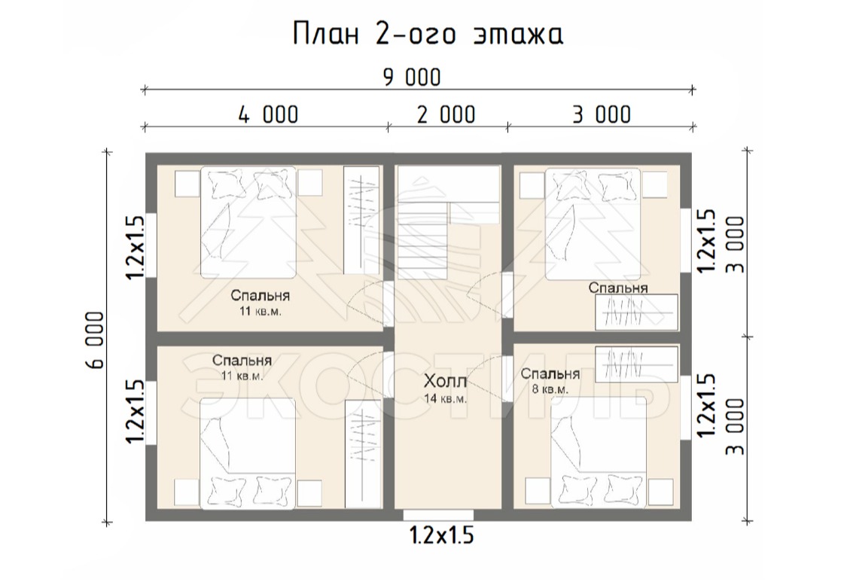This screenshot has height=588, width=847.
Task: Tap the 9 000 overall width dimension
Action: (x=412, y=78)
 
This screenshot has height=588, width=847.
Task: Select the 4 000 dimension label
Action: (x=269, y=114)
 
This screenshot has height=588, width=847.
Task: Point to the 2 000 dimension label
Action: (x=446, y=114)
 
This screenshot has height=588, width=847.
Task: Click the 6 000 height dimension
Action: (x=94, y=340)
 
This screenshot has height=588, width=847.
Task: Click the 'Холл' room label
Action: (x=445, y=381)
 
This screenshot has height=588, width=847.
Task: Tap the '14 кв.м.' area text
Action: (x=445, y=399)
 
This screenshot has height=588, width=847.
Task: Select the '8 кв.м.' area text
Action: (x=550, y=389)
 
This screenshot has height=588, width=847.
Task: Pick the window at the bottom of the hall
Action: (x=438, y=515)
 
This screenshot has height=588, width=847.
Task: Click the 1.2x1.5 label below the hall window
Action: (x=441, y=535)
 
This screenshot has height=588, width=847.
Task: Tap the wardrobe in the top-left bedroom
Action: (x=361, y=220)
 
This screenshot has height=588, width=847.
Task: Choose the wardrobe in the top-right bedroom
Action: (x=636, y=312)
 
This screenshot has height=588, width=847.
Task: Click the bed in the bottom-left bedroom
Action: (x=248, y=453)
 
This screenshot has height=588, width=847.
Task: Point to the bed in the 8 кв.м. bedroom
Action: (x=599, y=453)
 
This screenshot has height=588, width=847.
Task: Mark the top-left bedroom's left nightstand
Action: (x=187, y=184)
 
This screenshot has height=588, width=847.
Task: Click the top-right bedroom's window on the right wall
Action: (x=685, y=240)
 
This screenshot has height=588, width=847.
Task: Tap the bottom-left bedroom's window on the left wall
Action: (x=151, y=413)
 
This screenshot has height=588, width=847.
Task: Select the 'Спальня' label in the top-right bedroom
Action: (x=618, y=288)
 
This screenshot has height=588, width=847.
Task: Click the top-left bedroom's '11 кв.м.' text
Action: (x=260, y=312)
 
